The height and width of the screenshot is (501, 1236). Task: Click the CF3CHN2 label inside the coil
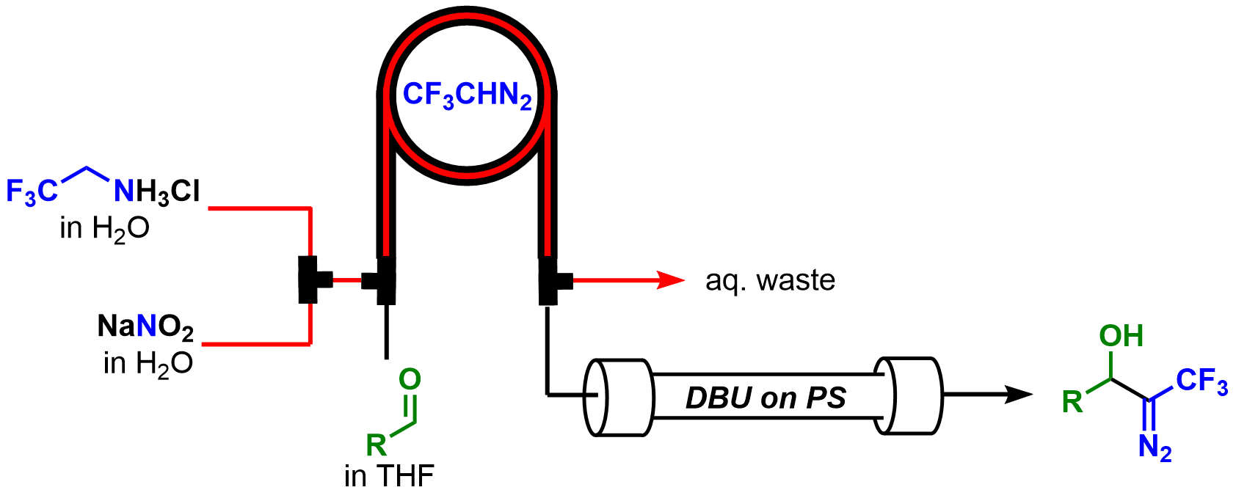[x=467, y=95]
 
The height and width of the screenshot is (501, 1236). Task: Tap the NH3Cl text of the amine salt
[x=157, y=192]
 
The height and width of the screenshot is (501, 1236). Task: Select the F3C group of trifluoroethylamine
[x=31, y=192]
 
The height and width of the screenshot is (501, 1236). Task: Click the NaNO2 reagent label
[x=145, y=327]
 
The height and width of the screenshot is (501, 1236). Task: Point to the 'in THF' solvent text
[x=389, y=477]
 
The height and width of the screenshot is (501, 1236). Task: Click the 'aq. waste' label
[x=770, y=280]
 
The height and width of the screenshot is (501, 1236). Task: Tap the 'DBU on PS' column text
[x=766, y=398]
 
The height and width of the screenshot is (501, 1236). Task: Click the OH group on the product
[x=1121, y=336]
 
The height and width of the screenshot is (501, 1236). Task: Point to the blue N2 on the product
[x=1155, y=447]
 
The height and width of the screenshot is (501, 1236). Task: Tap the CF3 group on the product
[x=1202, y=381]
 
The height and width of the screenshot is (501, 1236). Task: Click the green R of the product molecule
[x=1072, y=401]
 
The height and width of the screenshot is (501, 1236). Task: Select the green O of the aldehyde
[x=410, y=379]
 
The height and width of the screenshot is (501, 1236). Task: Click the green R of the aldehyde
[x=376, y=445]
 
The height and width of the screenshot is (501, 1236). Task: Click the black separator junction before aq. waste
[x=550, y=280]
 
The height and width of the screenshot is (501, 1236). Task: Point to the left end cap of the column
[x=617, y=398]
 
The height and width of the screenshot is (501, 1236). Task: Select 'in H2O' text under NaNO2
[x=148, y=363]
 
